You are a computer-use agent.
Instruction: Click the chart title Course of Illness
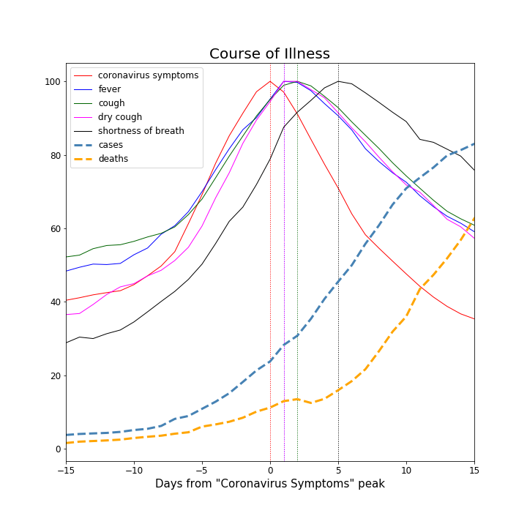click(x=269, y=54)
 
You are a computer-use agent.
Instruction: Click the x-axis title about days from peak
click(x=269, y=484)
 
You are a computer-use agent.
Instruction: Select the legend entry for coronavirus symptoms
click(x=148, y=75)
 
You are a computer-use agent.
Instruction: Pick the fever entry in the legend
click(x=111, y=89)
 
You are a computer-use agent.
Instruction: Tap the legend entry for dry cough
click(x=120, y=117)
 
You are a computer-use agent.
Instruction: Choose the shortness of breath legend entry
click(x=141, y=131)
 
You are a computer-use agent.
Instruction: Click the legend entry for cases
click(x=111, y=145)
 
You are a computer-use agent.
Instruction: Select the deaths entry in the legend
click(x=113, y=159)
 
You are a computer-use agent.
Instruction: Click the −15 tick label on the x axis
click(x=66, y=470)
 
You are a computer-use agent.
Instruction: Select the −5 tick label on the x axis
click(x=202, y=470)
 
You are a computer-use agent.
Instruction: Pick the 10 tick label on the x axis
click(x=406, y=470)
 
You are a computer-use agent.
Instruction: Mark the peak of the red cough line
click(x=270, y=81)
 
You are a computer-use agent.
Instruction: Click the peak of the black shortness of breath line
click(x=338, y=81)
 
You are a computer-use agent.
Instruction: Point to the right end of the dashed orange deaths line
click(x=474, y=217)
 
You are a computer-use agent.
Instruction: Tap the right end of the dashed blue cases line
click(x=474, y=143)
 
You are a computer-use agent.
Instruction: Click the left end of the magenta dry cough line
click(x=66, y=315)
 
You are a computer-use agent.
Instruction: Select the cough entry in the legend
click(x=111, y=103)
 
